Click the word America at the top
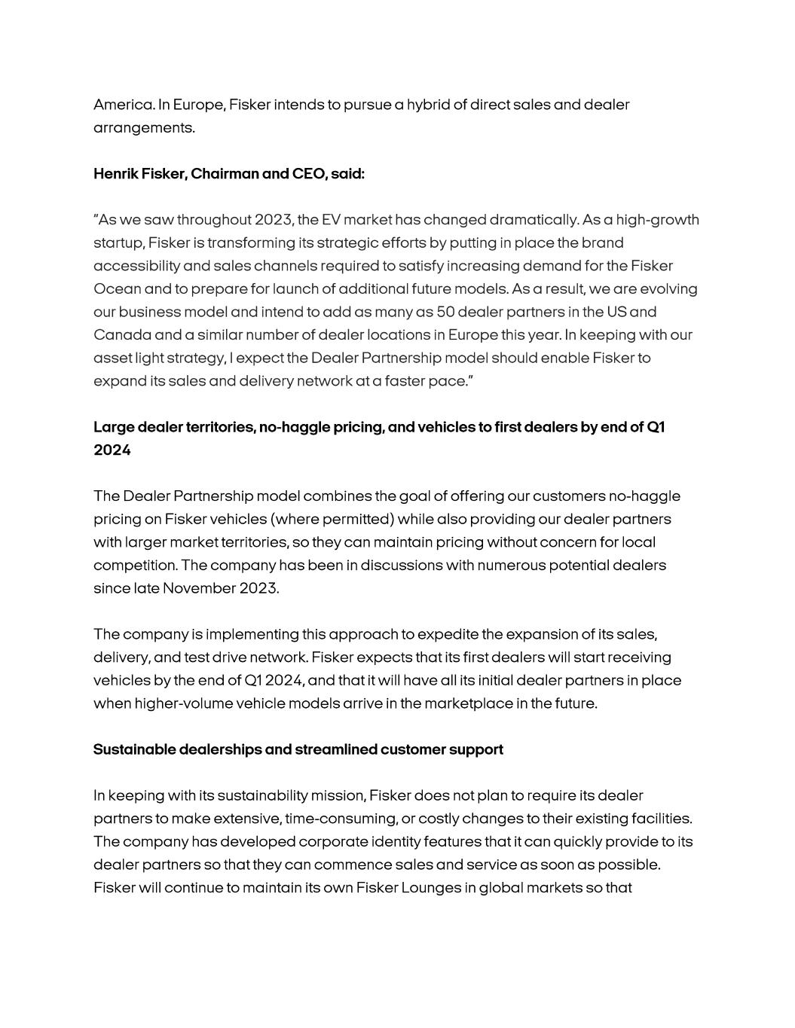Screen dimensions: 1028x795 [123, 105]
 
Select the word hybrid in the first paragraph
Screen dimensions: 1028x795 [427, 105]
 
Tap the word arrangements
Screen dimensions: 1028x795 [143, 128]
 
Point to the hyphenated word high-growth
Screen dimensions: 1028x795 [657, 220]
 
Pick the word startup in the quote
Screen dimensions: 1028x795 [118, 243]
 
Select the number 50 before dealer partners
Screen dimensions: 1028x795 [445, 312]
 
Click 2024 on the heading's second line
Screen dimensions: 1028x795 [112, 450]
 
